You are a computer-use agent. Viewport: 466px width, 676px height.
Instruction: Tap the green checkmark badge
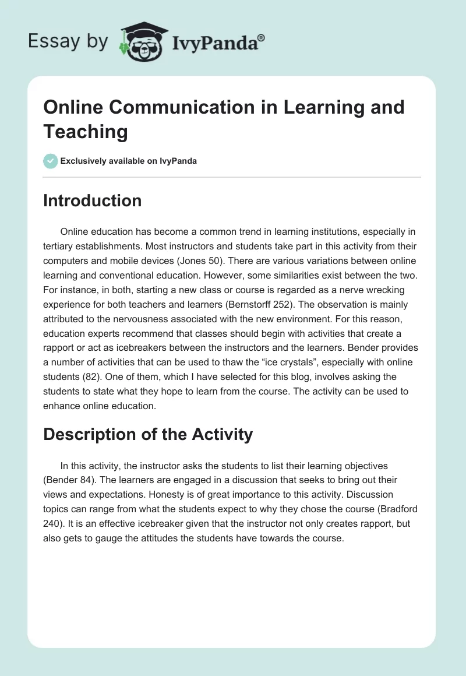[51, 161]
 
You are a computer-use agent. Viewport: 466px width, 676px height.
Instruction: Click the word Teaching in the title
[86, 131]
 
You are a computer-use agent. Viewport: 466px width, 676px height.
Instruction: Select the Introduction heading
[93, 200]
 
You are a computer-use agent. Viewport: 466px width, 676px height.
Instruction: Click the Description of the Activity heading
[148, 434]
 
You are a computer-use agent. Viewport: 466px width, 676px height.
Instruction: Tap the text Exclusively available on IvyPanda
[129, 161]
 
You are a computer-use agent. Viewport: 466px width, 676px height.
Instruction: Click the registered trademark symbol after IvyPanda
[262, 38]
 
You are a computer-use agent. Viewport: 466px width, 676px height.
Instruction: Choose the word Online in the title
[73, 107]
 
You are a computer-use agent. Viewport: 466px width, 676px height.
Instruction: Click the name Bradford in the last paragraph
[391, 509]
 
